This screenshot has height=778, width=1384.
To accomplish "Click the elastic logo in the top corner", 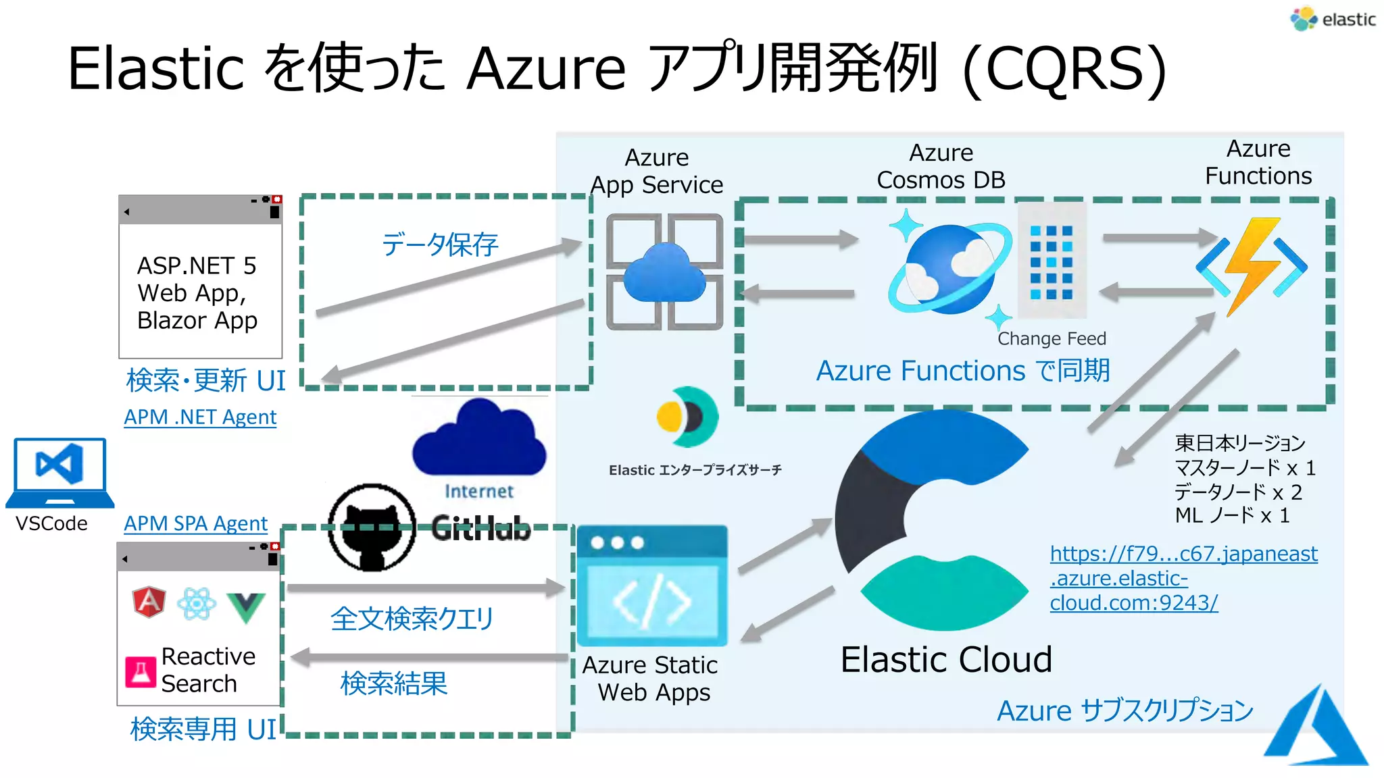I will click(1332, 19).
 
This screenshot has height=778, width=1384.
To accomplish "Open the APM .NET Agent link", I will click(200, 417).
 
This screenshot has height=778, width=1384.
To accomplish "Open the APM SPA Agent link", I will click(195, 523).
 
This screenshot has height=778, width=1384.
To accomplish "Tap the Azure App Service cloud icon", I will click(665, 272).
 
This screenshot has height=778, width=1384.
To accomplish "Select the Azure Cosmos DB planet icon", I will click(949, 269).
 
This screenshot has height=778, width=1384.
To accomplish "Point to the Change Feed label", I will click(1052, 338).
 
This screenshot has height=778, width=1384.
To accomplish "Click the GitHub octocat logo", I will click(372, 527).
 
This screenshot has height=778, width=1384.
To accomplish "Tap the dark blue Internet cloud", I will click(479, 439).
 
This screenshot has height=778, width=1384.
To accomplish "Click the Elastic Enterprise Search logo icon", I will click(688, 417).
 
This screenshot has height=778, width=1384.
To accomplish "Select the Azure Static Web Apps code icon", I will click(652, 586).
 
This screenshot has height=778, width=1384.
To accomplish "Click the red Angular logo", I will click(149, 602).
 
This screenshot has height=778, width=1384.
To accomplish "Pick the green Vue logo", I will click(245, 606).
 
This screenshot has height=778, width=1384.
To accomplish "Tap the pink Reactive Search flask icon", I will click(141, 671).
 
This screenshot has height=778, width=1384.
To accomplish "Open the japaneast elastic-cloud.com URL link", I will click(1183, 578).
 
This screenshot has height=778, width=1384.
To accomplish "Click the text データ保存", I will click(440, 244).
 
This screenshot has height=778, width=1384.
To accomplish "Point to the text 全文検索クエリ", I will click(412, 619).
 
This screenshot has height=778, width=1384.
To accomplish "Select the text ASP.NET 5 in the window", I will click(197, 265).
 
